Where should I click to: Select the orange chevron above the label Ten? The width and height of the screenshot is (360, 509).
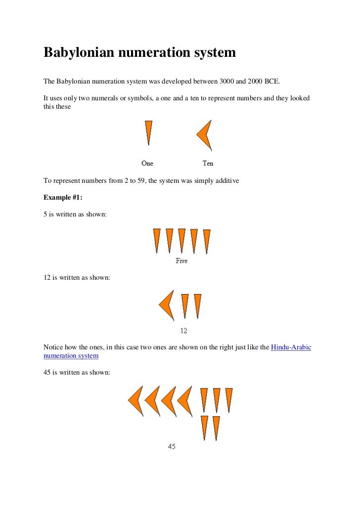[205, 134]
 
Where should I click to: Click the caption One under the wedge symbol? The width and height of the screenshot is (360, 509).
[147, 163]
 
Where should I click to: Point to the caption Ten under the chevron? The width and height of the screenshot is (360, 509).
[208, 163]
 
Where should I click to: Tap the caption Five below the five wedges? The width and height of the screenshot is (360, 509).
[181, 260]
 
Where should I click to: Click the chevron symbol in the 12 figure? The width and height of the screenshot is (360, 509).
[167, 305]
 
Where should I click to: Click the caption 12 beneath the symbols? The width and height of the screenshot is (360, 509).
[183, 331]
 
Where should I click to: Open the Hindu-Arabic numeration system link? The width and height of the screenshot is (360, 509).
[291, 347]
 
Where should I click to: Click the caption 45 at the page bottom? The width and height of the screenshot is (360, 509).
[172, 446]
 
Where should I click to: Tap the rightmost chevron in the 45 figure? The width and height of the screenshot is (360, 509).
[184, 400]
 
